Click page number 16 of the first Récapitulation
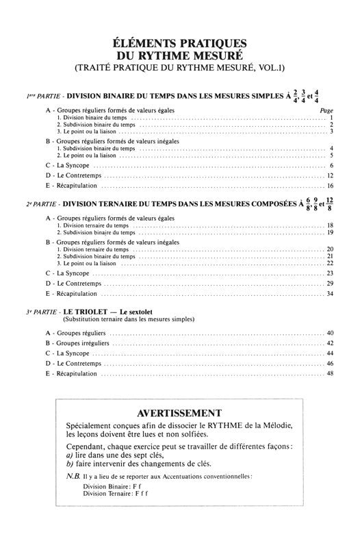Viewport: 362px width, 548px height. tap(330, 186)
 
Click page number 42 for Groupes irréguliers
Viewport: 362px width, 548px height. tap(330, 342)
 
